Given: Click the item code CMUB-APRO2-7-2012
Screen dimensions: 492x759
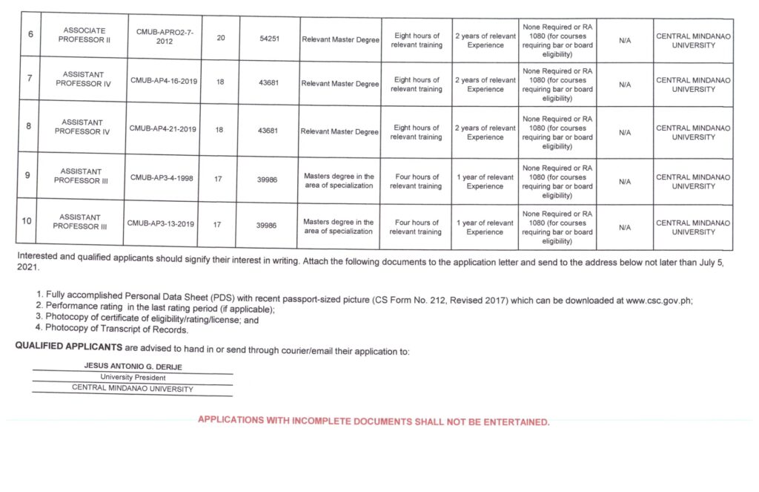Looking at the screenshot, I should (164, 36).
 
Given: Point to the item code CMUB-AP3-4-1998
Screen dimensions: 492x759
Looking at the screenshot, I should (163, 177).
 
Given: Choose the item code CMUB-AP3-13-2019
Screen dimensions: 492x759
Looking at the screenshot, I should (162, 223).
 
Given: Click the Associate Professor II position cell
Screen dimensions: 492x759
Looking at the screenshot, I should (84, 35).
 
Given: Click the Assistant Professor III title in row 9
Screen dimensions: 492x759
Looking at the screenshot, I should (82, 176).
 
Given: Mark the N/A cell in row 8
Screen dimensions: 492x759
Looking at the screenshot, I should (625, 132).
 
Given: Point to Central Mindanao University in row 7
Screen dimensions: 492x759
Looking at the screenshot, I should (693, 85).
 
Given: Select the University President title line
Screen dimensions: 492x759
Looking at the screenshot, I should (133, 378).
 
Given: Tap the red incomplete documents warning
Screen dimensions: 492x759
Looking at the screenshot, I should (374, 422).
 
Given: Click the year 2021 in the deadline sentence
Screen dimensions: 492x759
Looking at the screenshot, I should (27, 269).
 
